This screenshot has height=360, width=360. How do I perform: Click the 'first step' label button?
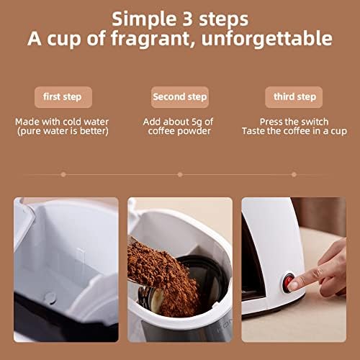tap(63, 97)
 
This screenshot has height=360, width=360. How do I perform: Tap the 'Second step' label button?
tap(180, 97)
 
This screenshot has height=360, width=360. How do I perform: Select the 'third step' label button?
tap(294, 97)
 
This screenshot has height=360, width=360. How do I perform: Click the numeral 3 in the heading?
tap(187, 19)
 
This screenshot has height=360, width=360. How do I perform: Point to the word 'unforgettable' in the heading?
tap(266, 38)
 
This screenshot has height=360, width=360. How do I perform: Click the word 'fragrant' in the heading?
tap(150, 39)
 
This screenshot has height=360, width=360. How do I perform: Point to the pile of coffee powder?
tap(163, 276)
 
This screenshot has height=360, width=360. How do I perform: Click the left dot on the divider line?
tap(63, 174)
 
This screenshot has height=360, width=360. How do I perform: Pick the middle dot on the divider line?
tap(180, 174)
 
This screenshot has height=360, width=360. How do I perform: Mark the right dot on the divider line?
tap(294, 174)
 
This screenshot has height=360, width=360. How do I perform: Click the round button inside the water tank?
tap(50, 298)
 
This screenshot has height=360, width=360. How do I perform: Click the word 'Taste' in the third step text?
tap(252, 131)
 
